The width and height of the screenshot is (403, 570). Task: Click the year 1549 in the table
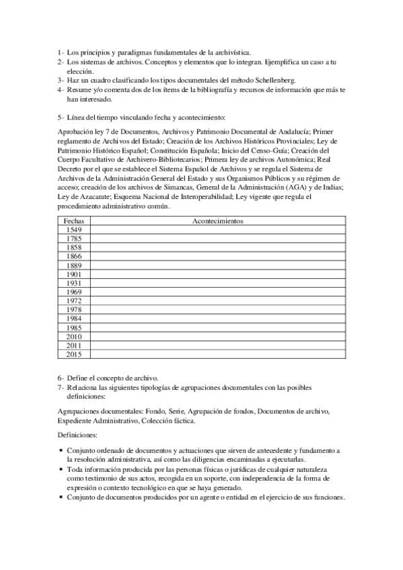click(73, 229)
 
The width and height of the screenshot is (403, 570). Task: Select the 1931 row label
click(73, 283)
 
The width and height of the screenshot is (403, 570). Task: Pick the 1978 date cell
click(73, 309)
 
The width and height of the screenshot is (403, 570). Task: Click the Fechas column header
click(73, 220)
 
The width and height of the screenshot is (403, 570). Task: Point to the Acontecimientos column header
click(217, 220)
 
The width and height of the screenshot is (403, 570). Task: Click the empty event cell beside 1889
click(217, 265)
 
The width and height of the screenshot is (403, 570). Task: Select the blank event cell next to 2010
click(217, 335)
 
